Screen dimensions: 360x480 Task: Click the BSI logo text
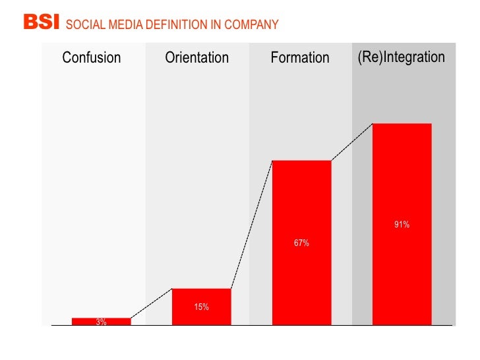click(x=42, y=23)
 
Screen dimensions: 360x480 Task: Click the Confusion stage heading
click(x=92, y=58)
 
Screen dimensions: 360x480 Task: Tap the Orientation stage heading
click(x=196, y=58)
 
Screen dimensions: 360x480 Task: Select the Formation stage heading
click(x=300, y=58)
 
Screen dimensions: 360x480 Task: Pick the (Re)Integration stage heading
click(x=402, y=57)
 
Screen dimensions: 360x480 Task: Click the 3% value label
click(x=101, y=322)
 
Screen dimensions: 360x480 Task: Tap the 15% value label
click(x=201, y=307)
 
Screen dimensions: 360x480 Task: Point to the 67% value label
click(x=301, y=243)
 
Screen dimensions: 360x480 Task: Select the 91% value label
click(x=402, y=225)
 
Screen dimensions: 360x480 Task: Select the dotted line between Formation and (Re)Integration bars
click(x=351, y=142)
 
